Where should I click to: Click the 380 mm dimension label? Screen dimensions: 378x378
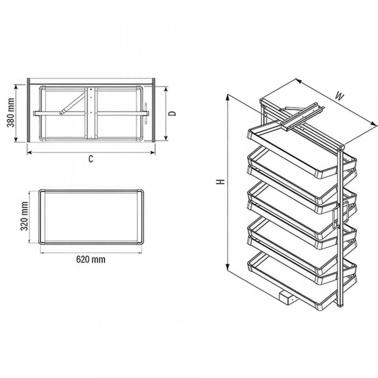10,113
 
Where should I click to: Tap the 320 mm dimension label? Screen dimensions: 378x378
24,216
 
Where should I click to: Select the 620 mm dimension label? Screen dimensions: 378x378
91,259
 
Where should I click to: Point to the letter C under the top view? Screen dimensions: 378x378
91,159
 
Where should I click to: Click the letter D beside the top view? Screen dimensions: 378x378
172,113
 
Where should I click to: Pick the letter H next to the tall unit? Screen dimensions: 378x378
220,181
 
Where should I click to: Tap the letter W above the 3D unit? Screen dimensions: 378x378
339,97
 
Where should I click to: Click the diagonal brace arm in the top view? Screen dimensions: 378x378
72,104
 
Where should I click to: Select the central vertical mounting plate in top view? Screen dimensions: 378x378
91,113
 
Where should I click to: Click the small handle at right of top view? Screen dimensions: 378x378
146,113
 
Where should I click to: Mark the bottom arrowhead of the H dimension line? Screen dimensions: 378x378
227,267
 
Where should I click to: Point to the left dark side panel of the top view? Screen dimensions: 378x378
28,110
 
